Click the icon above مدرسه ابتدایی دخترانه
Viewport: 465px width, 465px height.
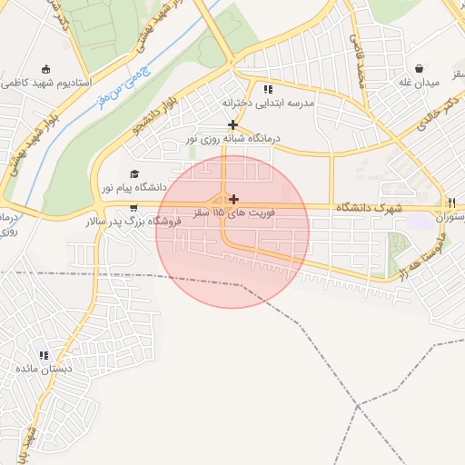(267, 89)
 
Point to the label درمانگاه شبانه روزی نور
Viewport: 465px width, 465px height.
(233, 139)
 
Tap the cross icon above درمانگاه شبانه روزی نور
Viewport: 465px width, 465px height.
(233, 124)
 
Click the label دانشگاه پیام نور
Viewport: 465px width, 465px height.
(136, 187)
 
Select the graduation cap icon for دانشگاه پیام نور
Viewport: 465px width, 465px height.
(135, 173)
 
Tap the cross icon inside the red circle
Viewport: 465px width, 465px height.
(234, 198)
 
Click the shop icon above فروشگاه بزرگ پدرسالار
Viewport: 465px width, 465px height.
(134, 207)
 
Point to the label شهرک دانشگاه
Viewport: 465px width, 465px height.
(368, 207)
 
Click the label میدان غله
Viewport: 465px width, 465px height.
(420, 83)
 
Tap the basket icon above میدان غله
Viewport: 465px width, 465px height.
(420, 68)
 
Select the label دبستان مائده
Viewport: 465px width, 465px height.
(42, 369)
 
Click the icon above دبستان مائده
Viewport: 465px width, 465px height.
(43, 355)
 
